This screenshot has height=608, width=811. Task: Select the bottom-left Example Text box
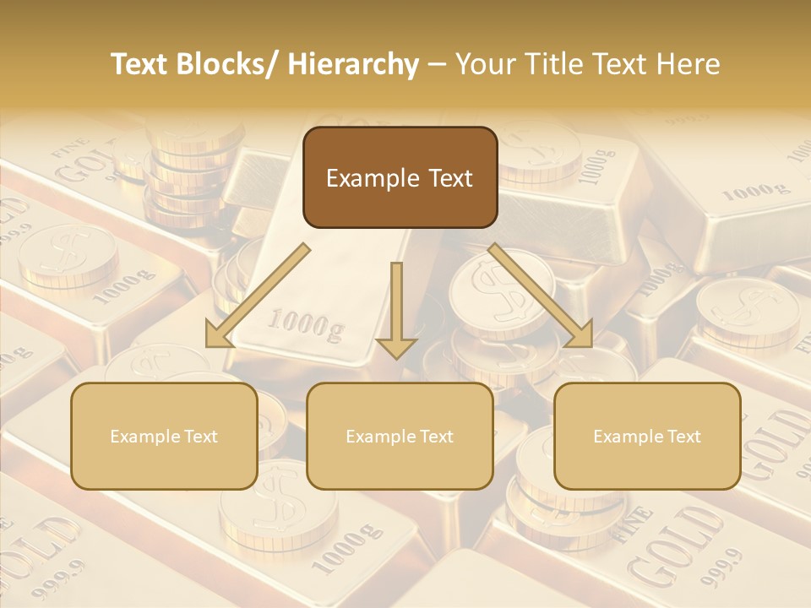(164, 436)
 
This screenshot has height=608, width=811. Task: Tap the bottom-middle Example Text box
(400, 436)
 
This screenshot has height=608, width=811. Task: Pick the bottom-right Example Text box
(647, 436)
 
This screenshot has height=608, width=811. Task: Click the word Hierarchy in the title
(353, 64)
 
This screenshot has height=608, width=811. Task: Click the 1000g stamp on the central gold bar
(305, 325)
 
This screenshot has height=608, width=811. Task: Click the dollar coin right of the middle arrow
(489, 291)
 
